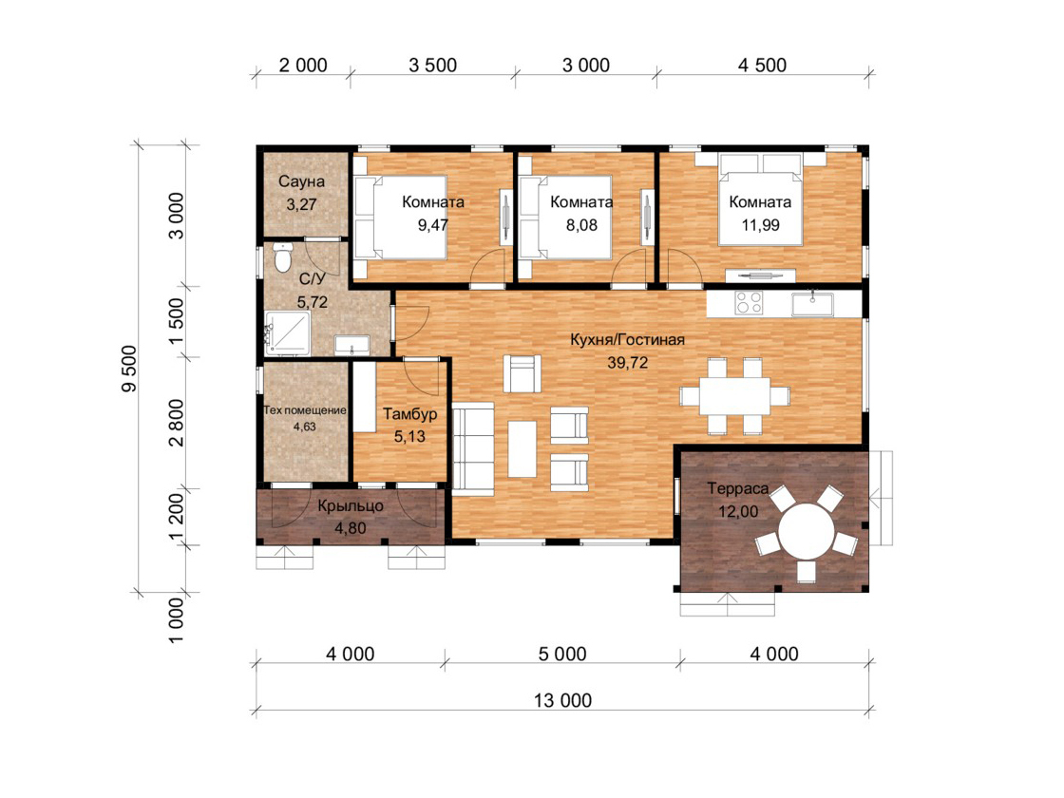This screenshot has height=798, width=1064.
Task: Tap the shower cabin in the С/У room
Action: pyautogui.click(x=288, y=332)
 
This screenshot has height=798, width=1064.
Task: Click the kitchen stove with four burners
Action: pyautogui.click(x=749, y=303)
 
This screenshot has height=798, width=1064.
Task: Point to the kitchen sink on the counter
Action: pyautogui.click(x=812, y=303)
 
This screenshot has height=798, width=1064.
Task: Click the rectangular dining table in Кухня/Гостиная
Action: pyautogui.click(x=735, y=396)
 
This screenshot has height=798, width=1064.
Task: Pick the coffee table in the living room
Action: pyautogui.click(x=522, y=448)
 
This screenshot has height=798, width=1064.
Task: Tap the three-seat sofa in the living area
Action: pyautogui.click(x=473, y=446)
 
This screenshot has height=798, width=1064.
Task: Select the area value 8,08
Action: pyautogui.click(x=581, y=225)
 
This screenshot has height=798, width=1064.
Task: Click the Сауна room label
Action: pyautogui.click(x=301, y=181)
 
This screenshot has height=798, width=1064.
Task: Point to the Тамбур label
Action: pyautogui.click(x=409, y=414)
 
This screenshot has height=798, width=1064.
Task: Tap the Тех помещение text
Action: pyautogui.click(x=305, y=409)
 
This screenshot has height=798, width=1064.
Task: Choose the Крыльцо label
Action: pyautogui.click(x=351, y=506)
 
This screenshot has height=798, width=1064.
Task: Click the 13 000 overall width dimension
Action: pyautogui.click(x=562, y=700)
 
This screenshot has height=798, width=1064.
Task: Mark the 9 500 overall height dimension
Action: pyautogui.click(x=129, y=369)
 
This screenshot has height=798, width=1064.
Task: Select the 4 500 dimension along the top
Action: pyautogui.click(x=762, y=66)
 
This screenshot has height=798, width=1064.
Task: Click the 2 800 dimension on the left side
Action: pyautogui.click(x=176, y=422)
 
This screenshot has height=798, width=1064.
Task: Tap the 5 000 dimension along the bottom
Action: pyautogui.click(x=562, y=655)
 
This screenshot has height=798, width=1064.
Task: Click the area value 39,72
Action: pyautogui.click(x=628, y=363)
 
